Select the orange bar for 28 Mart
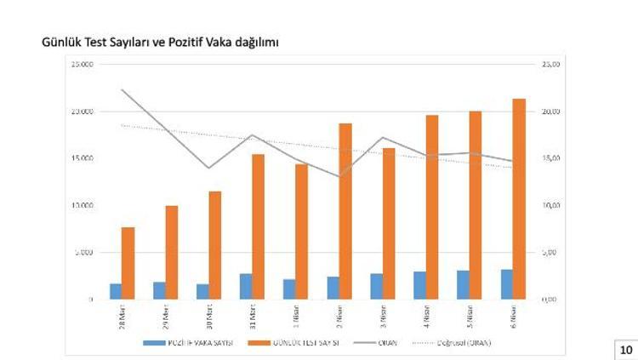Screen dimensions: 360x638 click(x=128, y=263)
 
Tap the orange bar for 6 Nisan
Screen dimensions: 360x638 click(x=519, y=199)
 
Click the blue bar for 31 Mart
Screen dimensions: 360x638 click(x=245, y=286)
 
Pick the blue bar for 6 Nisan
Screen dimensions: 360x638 click(x=506, y=284)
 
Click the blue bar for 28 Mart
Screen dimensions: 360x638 click(x=116, y=291)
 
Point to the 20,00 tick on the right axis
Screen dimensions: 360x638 click(x=550, y=111)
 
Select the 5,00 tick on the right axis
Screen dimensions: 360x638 click(x=550, y=252)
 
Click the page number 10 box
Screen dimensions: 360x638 click(x=625, y=349)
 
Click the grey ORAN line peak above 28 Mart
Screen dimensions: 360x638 click(x=122, y=89)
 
